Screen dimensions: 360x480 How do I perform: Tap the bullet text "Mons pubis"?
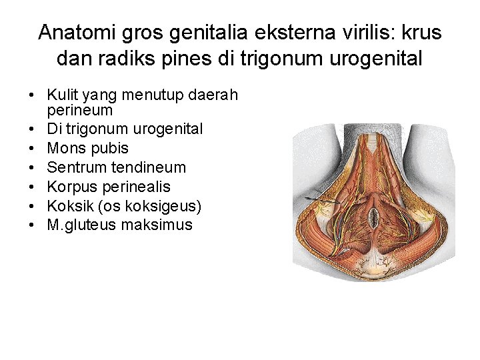point(87,148)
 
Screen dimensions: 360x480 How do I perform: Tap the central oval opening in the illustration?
point(375,215)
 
